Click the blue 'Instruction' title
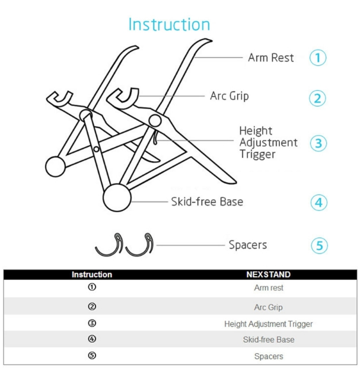[x=169, y=24]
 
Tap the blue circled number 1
[x=318, y=57]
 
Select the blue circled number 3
[x=318, y=143]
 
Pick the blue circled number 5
[x=319, y=246]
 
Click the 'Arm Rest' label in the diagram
[x=271, y=57]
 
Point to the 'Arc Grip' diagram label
[x=230, y=96]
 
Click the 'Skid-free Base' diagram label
[x=207, y=202]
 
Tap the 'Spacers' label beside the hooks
[x=248, y=245]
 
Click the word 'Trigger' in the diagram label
[x=257, y=155]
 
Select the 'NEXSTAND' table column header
[x=269, y=274]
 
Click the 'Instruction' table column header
[x=92, y=274]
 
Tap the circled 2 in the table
[x=92, y=306]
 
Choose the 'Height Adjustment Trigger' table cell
[x=269, y=324]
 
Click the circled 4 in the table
[x=92, y=338]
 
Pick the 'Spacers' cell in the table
[x=269, y=356]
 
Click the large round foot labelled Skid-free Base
[x=117, y=197]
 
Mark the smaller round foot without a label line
[x=55, y=167]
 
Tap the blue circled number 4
[x=319, y=203]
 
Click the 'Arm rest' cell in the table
[x=269, y=288]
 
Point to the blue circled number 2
[x=317, y=98]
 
